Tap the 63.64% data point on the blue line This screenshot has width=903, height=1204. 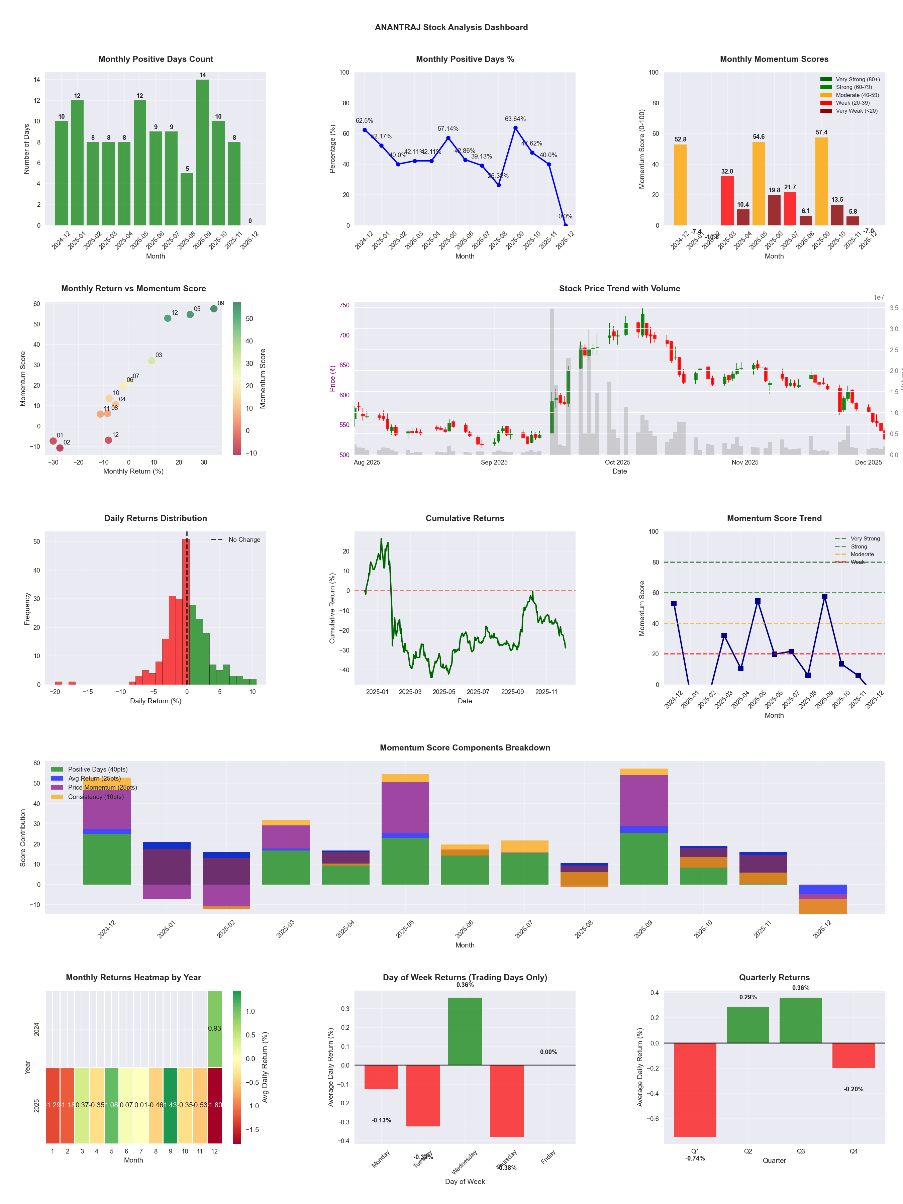click(x=515, y=128)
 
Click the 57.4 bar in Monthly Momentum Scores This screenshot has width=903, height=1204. click(x=821, y=181)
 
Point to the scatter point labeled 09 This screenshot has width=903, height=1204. click(x=214, y=309)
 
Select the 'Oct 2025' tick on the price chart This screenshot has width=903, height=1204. click(x=617, y=463)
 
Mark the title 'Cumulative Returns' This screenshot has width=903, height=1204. click(x=465, y=518)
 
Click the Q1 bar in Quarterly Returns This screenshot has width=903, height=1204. click(x=695, y=1090)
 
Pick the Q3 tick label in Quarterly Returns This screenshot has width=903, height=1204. click(x=801, y=1151)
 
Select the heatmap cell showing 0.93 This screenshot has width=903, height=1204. click(x=214, y=1028)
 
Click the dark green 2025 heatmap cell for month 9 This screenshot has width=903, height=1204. click(x=170, y=1105)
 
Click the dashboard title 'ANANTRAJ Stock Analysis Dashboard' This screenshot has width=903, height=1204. click(x=451, y=27)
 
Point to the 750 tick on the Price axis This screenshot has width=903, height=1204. click(x=344, y=305)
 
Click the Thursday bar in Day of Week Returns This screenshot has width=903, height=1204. click(x=507, y=1101)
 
